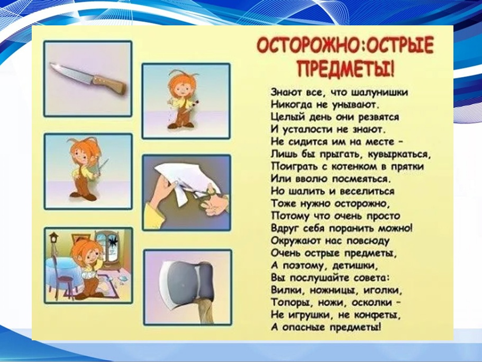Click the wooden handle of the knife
pos(110,83)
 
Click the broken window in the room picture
pos(110,247)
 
